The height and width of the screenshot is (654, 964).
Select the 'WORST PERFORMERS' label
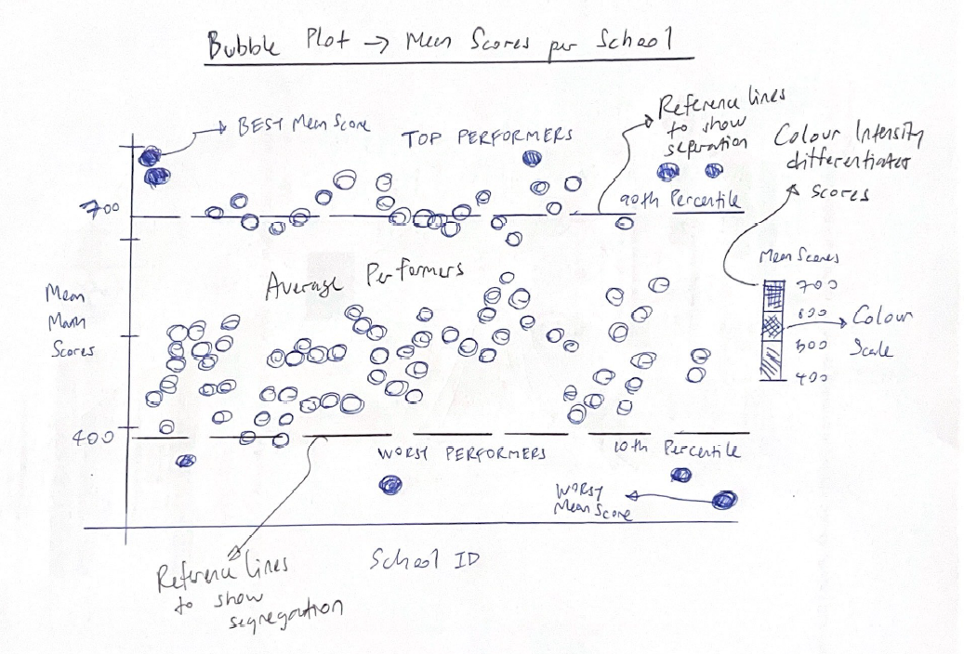point(460,453)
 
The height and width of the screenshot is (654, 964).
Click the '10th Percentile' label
point(677,450)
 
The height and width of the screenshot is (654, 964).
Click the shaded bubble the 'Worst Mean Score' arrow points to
point(723,500)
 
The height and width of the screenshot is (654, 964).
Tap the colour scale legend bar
point(773,330)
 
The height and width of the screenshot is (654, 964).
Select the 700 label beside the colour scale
point(818,283)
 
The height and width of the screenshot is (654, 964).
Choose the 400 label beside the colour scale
point(811,379)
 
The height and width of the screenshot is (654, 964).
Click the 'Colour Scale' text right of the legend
point(881,332)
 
